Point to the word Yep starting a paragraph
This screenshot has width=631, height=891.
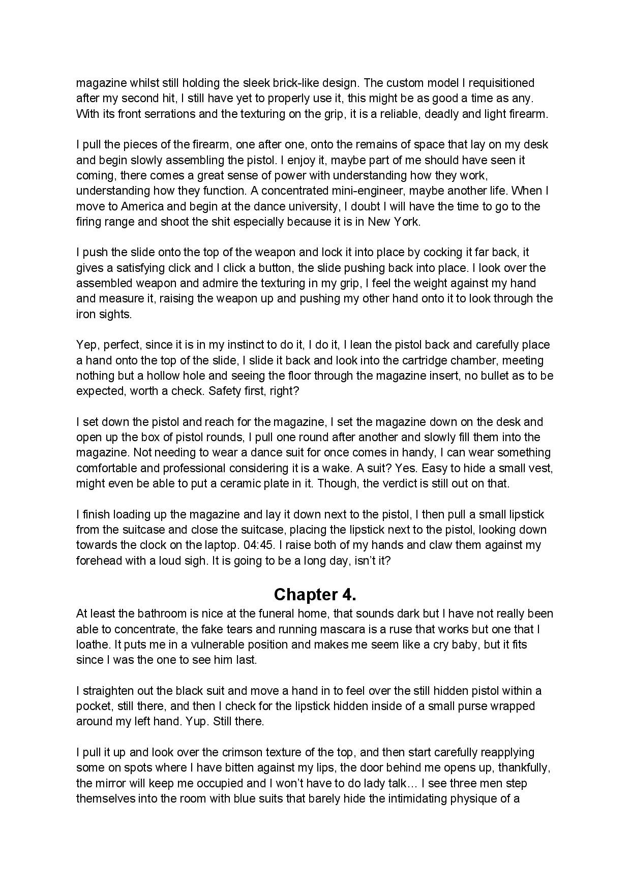[x=86, y=345]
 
